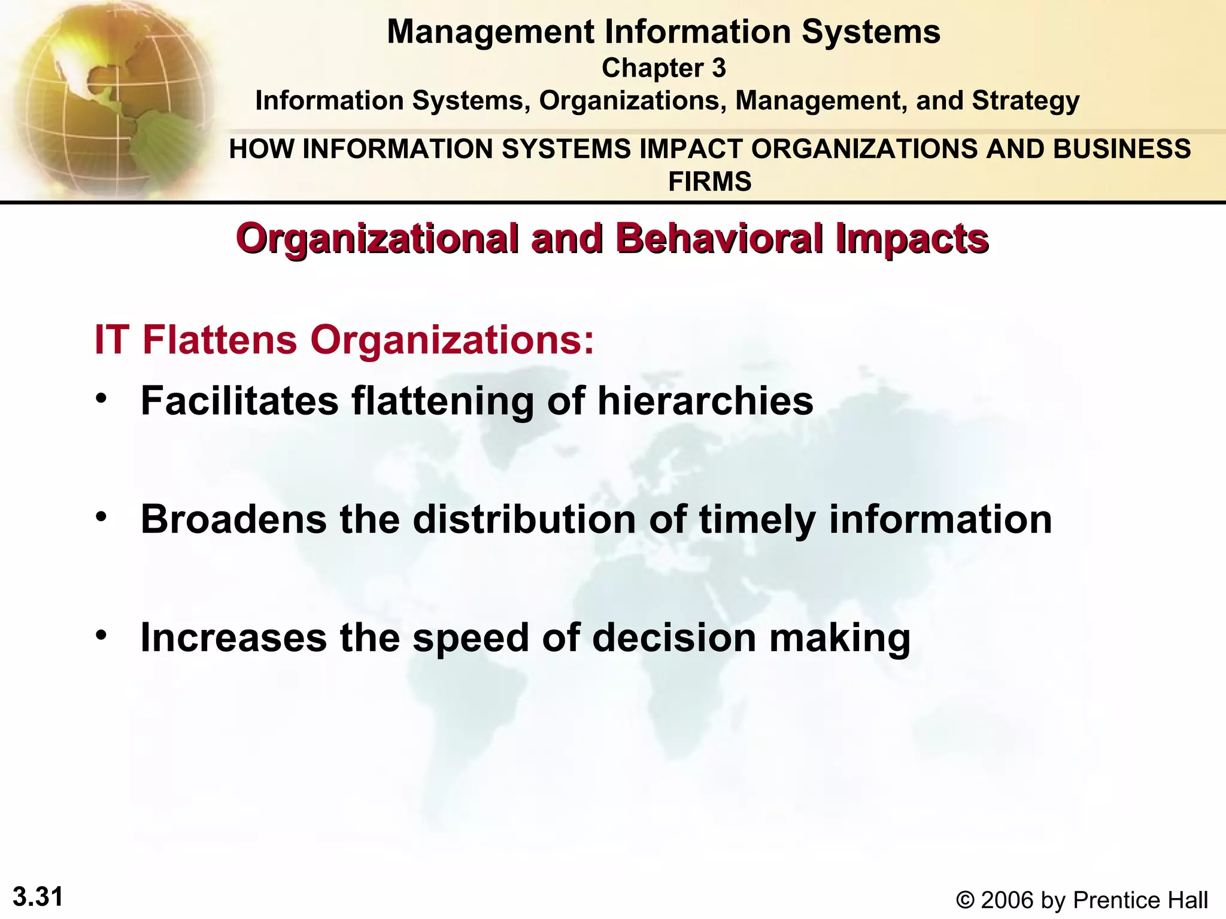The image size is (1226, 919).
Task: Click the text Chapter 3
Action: pyautogui.click(x=663, y=68)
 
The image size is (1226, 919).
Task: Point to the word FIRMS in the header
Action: pyautogui.click(x=709, y=181)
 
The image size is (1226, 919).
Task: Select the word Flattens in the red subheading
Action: pyautogui.click(x=220, y=340)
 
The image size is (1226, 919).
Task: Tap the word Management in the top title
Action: pyautogui.click(x=490, y=32)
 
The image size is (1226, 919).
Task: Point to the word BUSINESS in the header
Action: pyautogui.click(x=1122, y=149)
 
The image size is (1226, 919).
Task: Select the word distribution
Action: pyautogui.click(x=524, y=519)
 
